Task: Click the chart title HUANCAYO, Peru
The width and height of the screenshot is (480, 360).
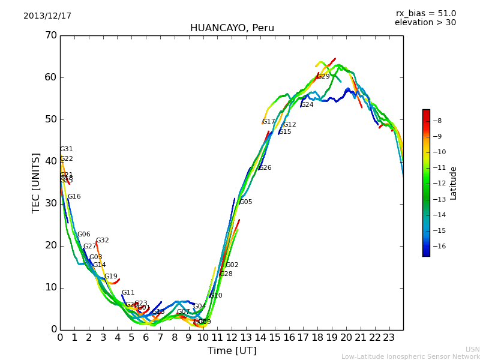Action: pos(232,28)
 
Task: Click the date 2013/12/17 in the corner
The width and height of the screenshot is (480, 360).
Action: pos(47,16)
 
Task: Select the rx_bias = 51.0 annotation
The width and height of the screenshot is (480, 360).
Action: pos(425,14)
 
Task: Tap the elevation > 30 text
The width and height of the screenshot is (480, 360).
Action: pos(425,23)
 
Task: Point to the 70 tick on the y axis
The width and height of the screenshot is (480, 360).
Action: pos(50,35)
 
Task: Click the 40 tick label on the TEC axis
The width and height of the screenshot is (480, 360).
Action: pos(50,161)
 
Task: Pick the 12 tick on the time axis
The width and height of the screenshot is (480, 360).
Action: pos(232,338)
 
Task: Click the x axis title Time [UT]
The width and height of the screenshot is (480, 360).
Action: pos(232,351)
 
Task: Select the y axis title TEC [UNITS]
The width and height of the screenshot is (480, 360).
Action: pos(37,182)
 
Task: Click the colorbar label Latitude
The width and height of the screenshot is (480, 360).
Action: pos(454,182)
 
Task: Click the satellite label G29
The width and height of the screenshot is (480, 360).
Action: pos(323,77)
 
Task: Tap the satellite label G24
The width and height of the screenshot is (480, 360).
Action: pos(307,105)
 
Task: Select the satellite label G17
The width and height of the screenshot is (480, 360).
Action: pos(268,122)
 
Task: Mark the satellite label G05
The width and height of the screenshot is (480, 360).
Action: pos(246,202)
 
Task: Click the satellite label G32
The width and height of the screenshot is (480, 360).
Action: pos(103,241)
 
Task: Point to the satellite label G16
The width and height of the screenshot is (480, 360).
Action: pos(74,197)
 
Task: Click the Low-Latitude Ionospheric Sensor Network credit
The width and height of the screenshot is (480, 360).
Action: pos(410,356)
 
